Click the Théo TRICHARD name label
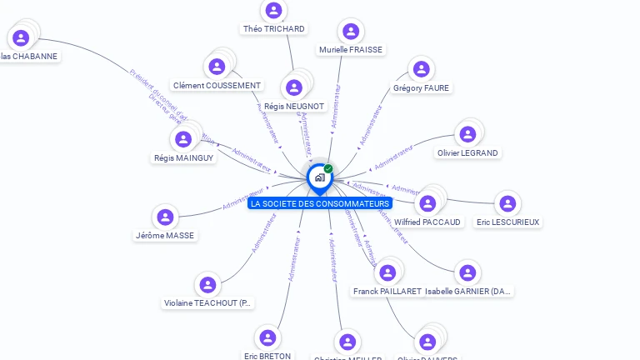273,29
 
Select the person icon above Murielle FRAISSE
351,32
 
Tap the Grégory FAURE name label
421,88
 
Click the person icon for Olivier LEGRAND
467,134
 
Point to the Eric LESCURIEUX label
507,222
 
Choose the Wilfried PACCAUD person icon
427,203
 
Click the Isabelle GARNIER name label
467,292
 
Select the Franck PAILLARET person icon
387,272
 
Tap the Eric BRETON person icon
267,337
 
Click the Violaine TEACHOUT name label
207,303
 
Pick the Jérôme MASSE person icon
166,217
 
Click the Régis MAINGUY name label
183,157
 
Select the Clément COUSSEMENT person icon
217,67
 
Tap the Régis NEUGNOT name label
293,107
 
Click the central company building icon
319,177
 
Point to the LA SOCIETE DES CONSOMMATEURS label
320,203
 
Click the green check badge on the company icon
328,168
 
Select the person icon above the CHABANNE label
22,37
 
